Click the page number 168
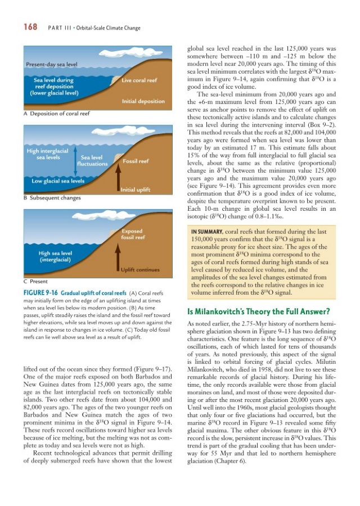pyautogui.click(x=30, y=26)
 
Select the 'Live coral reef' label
pyautogui.click(x=138, y=80)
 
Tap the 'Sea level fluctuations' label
pyautogui.click(x=92, y=161)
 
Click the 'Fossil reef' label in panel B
pyautogui.click(x=136, y=161)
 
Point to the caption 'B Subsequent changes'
pyautogui.click(x=52, y=197)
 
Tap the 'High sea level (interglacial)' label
pyautogui.click(x=55, y=257)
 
